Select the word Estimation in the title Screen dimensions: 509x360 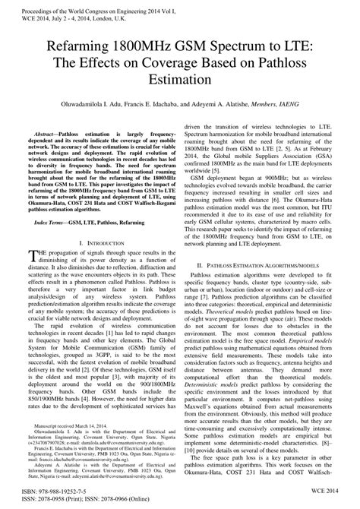click(x=180, y=78)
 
